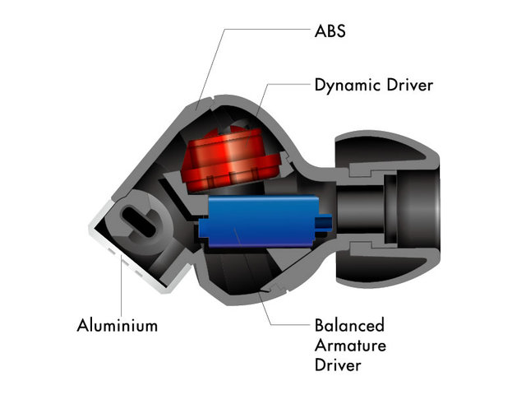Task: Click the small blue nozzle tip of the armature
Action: coord(325,221)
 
